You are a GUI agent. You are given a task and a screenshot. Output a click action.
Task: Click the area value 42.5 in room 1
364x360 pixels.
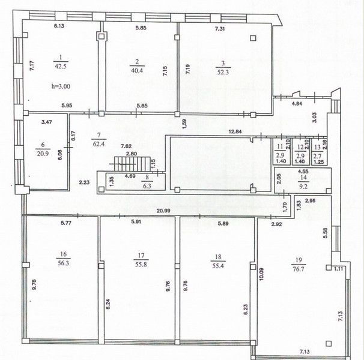pyautogui.click(x=61, y=67)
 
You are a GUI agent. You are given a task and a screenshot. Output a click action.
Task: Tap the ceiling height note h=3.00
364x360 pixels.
pyautogui.click(x=61, y=86)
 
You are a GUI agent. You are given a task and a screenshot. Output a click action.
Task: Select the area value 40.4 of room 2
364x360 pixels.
pyautogui.click(x=137, y=71)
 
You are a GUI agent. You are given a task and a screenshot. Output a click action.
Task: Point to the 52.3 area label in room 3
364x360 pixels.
pyautogui.click(x=223, y=72)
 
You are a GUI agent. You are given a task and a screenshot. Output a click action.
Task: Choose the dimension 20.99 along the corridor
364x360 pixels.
pyautogui.click(x=163, y=211)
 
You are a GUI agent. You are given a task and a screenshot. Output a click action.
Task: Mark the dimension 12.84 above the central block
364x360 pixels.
pyautogui.click(x=235, y=131)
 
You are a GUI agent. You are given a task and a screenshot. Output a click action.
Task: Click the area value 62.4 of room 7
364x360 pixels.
pyautogui.click(x=99, y=144)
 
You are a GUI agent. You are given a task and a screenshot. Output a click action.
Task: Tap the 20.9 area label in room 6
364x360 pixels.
pyautogui.click(x=43, y=154)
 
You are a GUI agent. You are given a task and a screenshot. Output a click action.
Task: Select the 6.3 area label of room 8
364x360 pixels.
pyautogui.click(x=147, y=186)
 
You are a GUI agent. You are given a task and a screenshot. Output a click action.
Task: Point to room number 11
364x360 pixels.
pyautogui.click(x=280, y=146)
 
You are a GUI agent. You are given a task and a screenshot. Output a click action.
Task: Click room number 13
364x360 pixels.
pyautogui.click(x=317, y=147)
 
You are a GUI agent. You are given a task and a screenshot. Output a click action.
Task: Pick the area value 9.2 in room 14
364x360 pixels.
pyautogui.click(x=303, y=186)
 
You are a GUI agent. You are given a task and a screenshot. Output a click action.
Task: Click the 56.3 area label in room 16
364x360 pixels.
pyautogui.click(x=64, y=263)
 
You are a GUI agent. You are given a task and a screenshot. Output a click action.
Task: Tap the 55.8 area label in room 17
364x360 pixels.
pyautogui.click(x=141, y=265)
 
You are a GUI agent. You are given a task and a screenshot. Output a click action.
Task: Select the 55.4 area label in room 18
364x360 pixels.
pyautogui.click(x=218, y=266)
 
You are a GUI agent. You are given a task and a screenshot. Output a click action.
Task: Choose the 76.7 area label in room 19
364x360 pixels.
pyautogui.click(x=299, y=269)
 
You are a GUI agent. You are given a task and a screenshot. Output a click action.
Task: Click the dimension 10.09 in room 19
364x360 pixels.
pyautogui.click(x=262, y=274)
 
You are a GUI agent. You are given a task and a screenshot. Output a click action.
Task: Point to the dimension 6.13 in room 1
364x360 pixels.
pyautogui.click(x=59, y=26)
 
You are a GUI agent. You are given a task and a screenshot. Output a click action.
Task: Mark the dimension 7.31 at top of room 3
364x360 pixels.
pyautogui.click(x=220, y=29)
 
